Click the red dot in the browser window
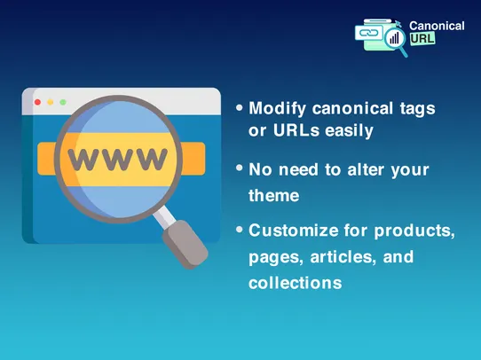[37, 103]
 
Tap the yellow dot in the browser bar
[50, 103]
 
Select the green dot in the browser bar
[62, 103]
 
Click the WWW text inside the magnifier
[117, 160]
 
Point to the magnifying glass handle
[186, 239]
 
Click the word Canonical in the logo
[437, 27]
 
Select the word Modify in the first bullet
[277, 108]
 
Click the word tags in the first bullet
[417, 108]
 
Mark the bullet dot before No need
[240, 168]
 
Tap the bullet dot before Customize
[240, 229]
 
